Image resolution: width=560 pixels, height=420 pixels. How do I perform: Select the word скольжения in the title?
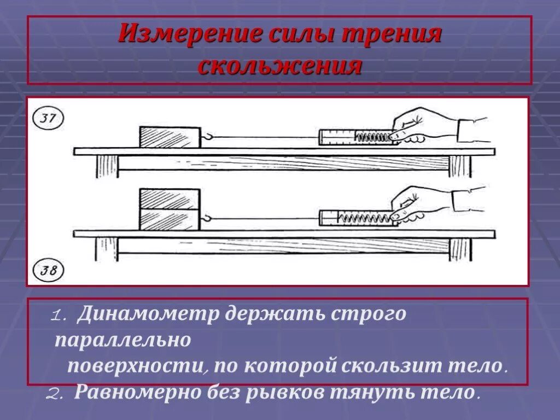coord(280,66)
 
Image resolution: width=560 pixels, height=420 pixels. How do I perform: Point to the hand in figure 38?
coord(421,205)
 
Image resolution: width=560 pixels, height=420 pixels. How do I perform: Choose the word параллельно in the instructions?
coord(122,341)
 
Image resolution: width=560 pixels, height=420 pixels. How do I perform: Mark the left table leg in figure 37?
coord(106,166)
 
